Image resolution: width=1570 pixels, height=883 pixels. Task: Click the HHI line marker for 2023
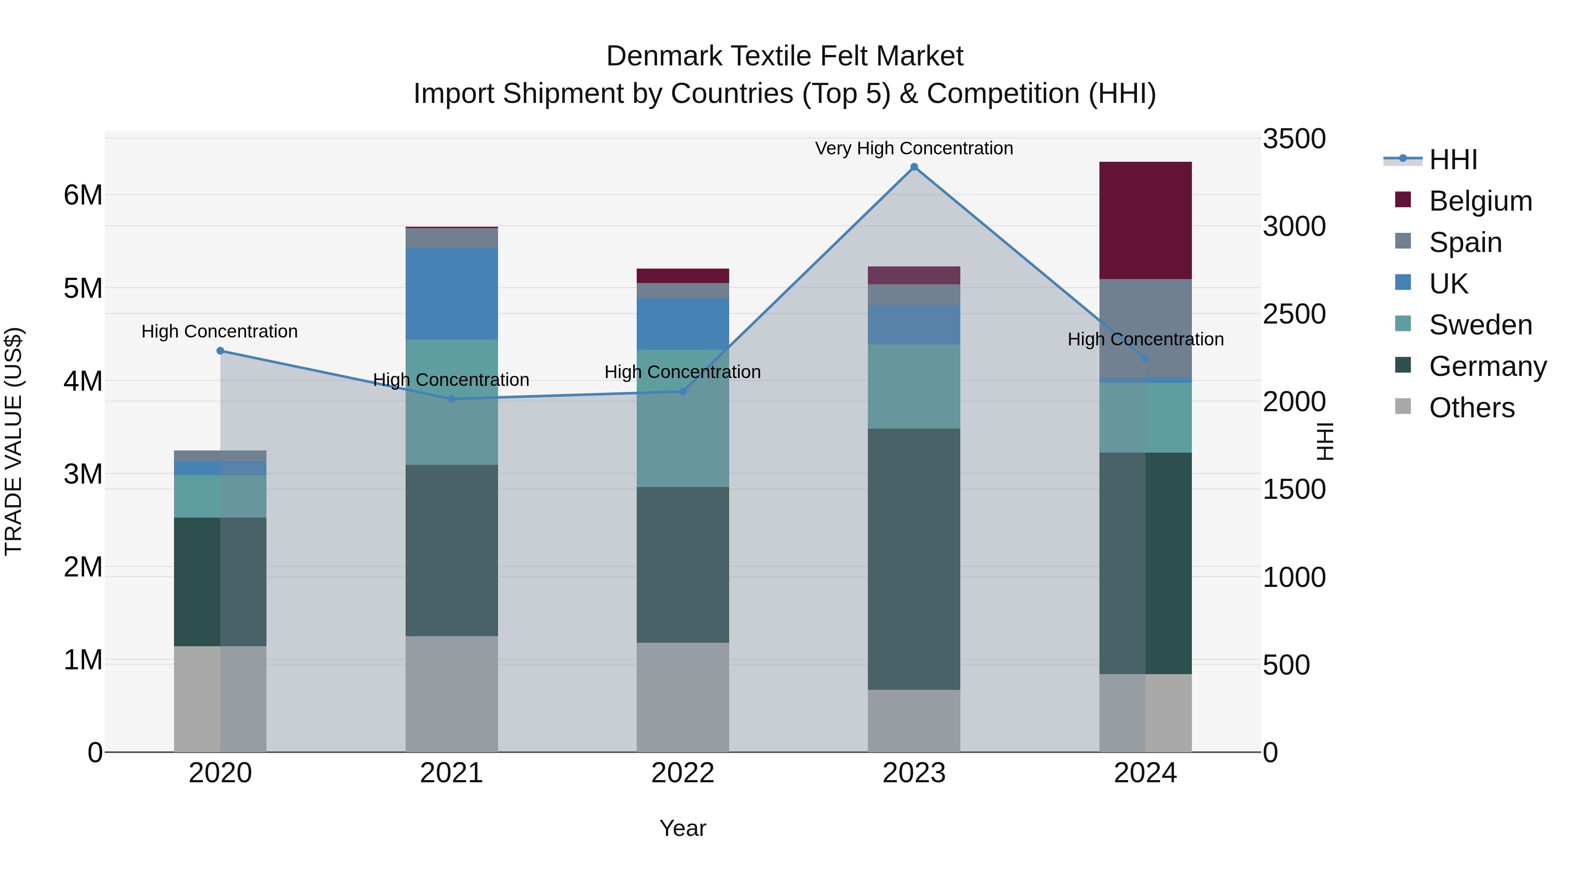914,167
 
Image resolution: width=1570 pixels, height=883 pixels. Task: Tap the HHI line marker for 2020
221,351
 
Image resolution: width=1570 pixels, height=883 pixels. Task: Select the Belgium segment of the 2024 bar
1145,220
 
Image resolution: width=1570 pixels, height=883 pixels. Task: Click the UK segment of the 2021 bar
452,294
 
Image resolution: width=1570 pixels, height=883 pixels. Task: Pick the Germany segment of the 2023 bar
914,559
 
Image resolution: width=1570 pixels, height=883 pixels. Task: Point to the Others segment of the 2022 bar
683,697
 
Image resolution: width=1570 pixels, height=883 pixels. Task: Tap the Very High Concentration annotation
914,148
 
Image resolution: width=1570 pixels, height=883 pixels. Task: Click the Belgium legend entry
1480,201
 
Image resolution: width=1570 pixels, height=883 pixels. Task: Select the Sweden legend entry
1480,325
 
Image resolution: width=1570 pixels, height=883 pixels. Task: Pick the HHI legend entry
1453,160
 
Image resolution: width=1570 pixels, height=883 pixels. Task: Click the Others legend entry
1471,408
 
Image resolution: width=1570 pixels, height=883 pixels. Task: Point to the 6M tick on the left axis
83,196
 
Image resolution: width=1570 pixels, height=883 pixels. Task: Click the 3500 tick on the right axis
1294,139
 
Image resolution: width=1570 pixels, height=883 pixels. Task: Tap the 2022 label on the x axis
683,773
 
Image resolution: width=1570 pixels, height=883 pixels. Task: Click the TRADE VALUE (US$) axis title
14,441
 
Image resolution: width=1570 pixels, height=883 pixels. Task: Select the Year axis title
683,828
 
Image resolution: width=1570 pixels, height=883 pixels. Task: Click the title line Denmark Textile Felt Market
785,56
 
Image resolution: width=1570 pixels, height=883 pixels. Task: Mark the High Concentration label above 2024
1145,339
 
